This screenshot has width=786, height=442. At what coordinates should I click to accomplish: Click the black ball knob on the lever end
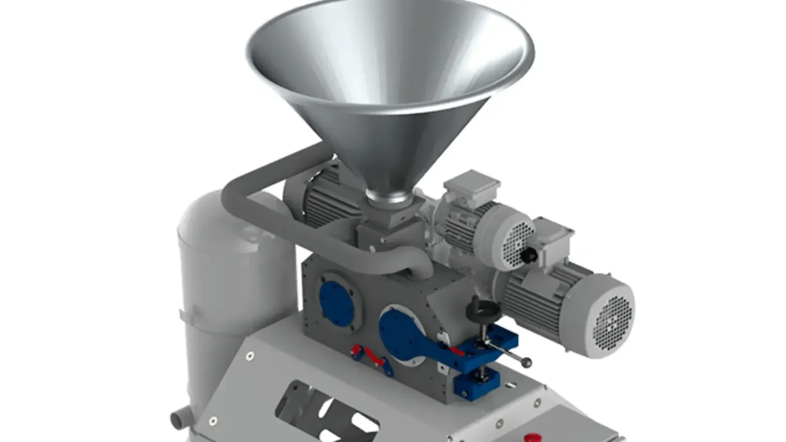point(527,362)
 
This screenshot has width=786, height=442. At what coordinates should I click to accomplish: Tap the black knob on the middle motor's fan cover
point(529,256)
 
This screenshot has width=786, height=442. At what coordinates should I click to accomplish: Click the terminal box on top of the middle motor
point(472,188)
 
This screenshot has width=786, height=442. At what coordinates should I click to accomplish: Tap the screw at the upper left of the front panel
point(249,356)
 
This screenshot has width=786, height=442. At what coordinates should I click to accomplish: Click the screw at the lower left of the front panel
point(213,421)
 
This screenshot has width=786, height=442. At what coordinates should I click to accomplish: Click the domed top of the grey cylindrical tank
point(213,213)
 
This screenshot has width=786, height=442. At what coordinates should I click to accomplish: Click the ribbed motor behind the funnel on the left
point(323,201)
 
